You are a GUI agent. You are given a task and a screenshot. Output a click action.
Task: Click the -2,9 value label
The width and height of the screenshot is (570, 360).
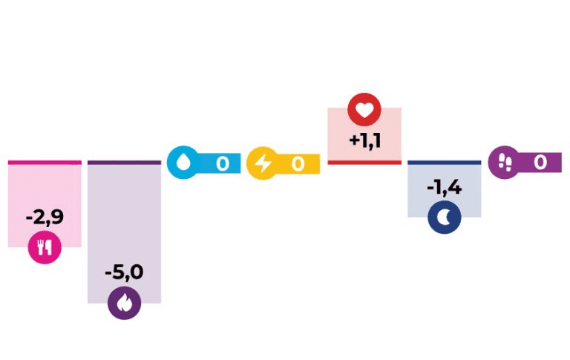tap(45, 217)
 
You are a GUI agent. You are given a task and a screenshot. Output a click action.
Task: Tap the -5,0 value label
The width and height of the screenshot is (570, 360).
tap(124, 272)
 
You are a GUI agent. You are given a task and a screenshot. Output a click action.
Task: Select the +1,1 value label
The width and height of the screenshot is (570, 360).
tap(364, 140)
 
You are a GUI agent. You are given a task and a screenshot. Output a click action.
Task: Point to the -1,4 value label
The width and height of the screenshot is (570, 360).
tap(444, 187)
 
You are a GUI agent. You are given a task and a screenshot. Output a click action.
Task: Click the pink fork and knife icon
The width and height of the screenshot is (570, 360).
tap(45, 248)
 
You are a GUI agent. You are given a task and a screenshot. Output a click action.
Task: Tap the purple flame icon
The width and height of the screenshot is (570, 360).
tap(124, 303)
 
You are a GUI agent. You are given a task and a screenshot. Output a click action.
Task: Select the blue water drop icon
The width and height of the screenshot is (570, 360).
tap(183, 162)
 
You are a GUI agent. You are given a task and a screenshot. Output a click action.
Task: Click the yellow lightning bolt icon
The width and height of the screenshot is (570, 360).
tap(263, 162)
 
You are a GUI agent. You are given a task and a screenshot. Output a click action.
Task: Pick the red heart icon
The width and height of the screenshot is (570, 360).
tap(364, 109)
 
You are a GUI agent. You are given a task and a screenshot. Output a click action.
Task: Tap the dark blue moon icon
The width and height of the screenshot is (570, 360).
tap(444, 217)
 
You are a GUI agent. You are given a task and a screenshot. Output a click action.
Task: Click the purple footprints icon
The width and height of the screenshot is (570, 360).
tap(504, 161)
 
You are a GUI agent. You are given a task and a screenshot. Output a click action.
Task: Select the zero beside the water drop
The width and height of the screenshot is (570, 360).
tap(222, 163)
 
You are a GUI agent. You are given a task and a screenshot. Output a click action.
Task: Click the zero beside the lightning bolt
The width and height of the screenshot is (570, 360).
tap(298, 163)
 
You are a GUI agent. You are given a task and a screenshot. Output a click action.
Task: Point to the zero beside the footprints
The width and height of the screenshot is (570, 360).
tap(540, 162)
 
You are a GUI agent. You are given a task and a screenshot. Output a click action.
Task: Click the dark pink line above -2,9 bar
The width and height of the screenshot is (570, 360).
tap(45, 162)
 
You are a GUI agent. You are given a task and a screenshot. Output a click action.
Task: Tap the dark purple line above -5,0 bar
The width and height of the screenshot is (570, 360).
tap(124, 162)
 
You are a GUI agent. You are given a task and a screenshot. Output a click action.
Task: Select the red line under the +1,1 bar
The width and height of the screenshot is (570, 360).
tap(364, 162)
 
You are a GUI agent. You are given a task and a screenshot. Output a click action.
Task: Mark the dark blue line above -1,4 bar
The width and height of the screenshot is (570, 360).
tap(444, 162)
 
